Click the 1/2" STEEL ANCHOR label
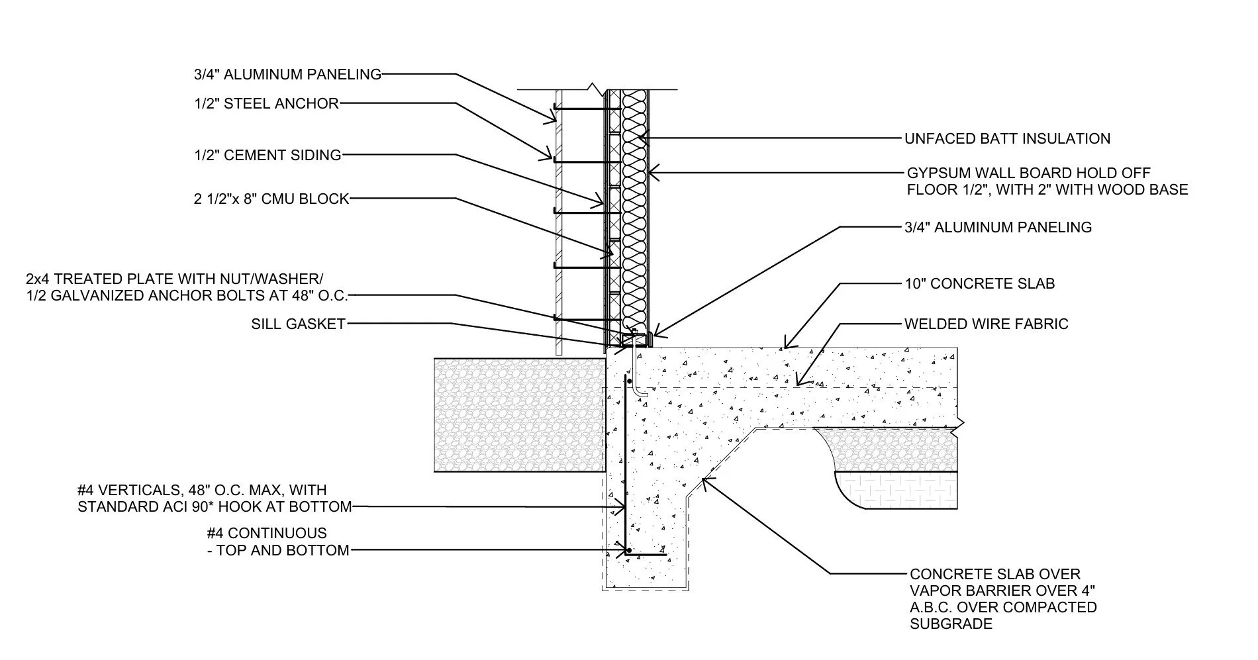(x=266, y=103)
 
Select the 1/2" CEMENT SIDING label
(x=267, y=156)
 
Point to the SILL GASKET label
(x=298, y=324)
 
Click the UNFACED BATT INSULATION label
(x=1007, y=139)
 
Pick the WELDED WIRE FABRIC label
(x=986, y=324)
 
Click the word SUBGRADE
(x=951, y=624)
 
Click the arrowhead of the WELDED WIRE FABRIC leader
(x=798, y=383)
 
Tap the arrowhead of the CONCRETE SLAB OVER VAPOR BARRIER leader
(x=704, y=479)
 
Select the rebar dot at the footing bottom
(x=627, y=550)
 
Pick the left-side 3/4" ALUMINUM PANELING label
(x=287, y=74)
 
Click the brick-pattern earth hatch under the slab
(x=897, y=490)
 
